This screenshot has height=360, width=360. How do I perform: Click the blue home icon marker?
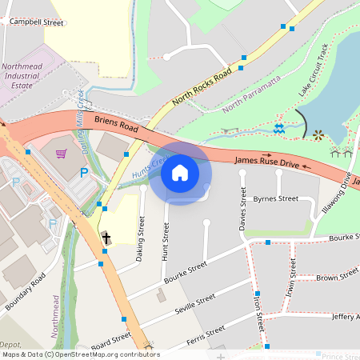[x=180, y=173]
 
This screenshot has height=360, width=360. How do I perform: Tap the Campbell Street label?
[x=36, y=23]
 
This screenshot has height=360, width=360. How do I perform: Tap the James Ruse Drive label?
[x=266, y=162]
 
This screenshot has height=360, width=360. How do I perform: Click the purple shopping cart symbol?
[x=62, y=153]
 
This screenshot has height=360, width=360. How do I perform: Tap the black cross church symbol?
[x=106, y=238]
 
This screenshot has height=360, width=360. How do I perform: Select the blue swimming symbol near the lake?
[x=278, y=128]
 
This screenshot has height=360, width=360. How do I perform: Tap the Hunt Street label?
[x=166, y=242]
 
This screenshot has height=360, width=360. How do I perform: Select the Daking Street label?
[x=142, y=237]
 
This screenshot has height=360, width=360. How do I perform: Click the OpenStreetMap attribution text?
[x=81, y=354]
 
